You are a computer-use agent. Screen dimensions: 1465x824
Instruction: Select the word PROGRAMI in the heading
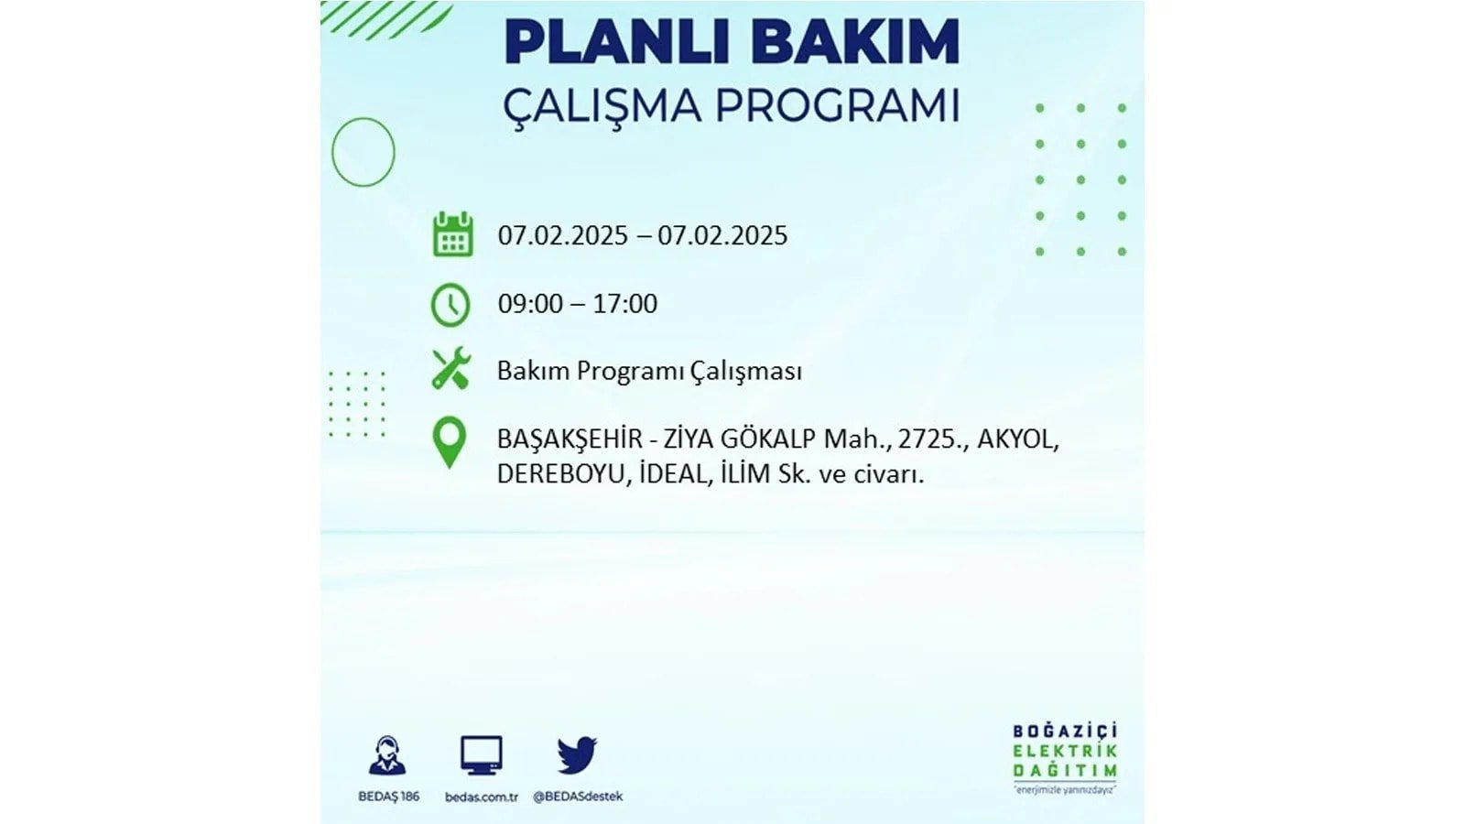tap(837, 106)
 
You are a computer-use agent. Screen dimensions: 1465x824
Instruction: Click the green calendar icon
tap(452, 233)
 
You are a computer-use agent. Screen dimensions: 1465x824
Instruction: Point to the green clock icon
tap(450, 305)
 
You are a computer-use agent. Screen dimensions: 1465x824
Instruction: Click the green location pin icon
tap(450, 443)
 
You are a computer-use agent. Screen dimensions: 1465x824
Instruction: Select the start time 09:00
tap(530, 304)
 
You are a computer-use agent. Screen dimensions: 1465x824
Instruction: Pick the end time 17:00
tap(624, 304)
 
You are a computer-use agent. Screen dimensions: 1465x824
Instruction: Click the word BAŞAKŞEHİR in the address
tap(570, 439)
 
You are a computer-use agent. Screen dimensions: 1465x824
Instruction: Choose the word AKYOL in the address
tap(1016, 439)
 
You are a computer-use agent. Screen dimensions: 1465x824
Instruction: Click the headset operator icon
tap(387, 755)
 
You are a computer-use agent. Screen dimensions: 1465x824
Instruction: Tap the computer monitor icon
tap(482, 755)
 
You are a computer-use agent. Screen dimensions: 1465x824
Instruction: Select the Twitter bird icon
tap(577, 755)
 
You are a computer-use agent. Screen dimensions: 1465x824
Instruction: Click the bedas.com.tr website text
tap(482, 797)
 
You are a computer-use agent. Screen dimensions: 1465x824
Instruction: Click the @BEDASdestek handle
tap(578, 797)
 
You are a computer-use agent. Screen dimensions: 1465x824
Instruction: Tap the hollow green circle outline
tap(332, 152)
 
